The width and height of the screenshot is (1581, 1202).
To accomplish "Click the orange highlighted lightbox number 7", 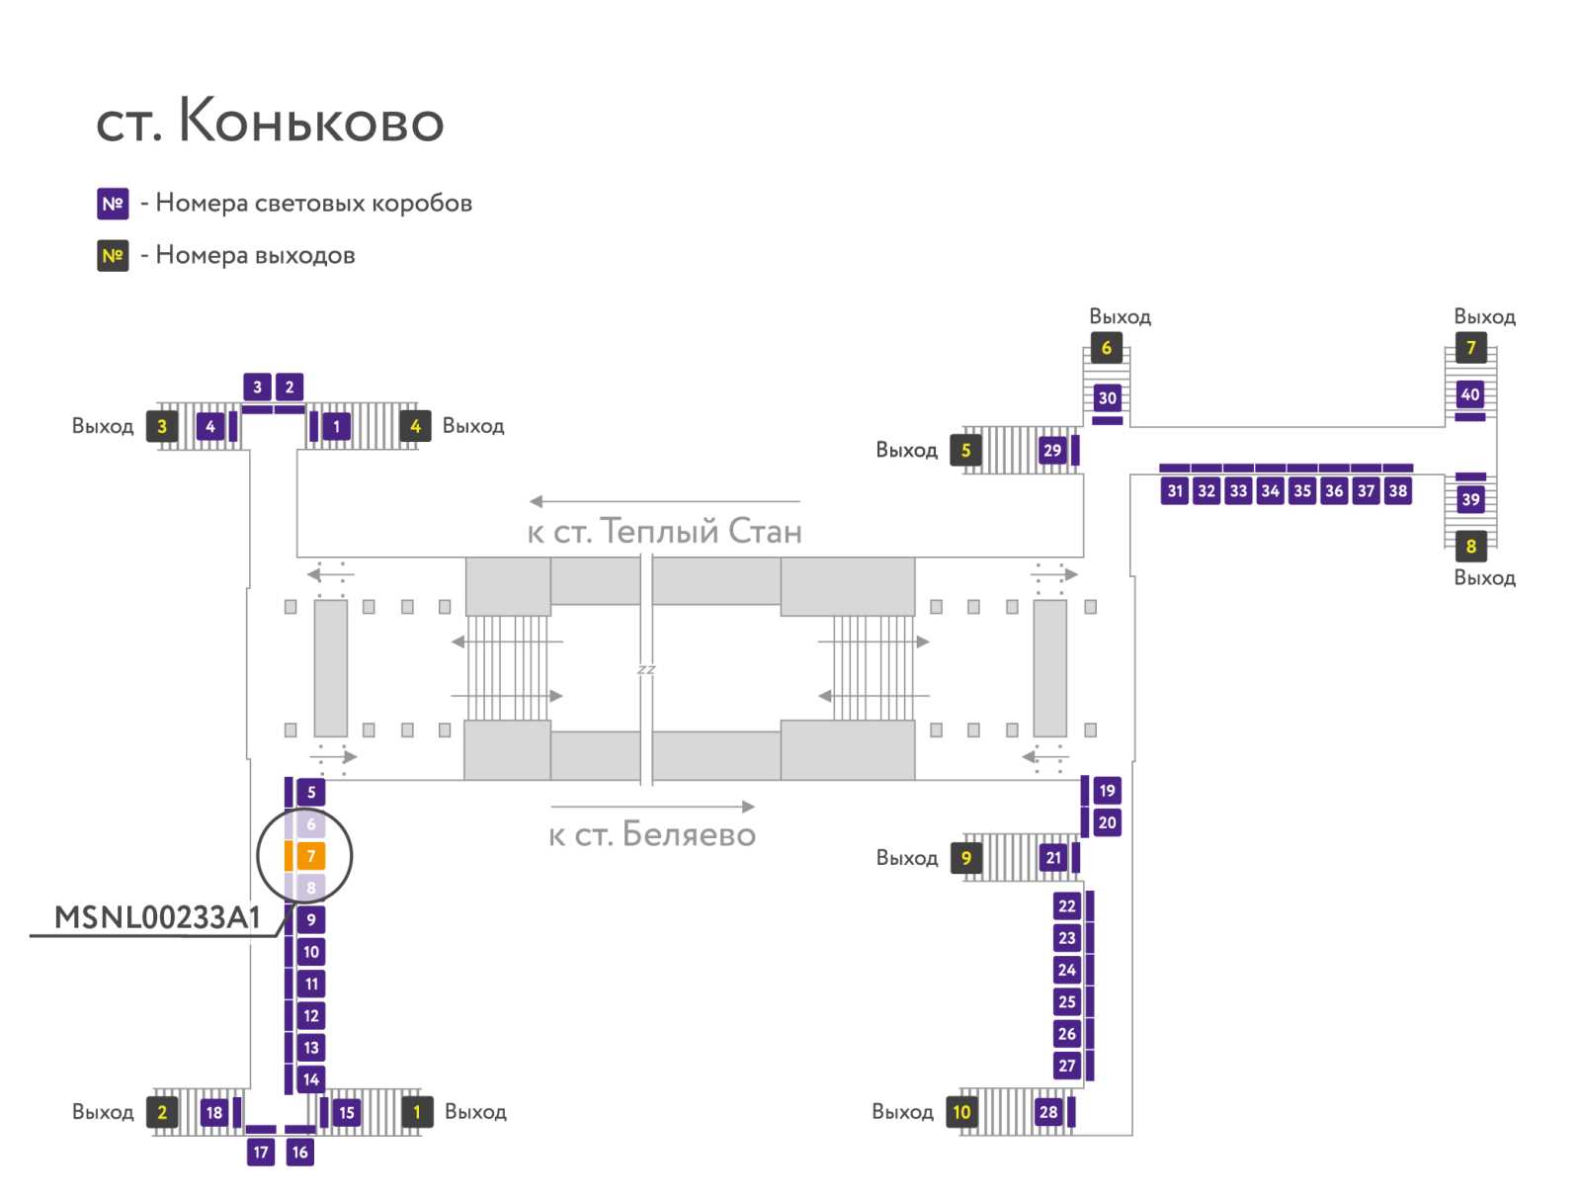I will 311,856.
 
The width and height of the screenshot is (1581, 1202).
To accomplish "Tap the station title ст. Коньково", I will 270,122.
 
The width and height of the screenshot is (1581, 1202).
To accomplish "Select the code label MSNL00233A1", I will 157,917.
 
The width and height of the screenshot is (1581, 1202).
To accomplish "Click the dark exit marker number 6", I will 1106,348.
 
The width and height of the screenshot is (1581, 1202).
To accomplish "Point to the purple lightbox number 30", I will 1107,398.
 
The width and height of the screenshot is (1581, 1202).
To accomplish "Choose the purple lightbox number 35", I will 1302,490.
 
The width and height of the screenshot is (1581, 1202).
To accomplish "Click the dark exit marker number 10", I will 961,1112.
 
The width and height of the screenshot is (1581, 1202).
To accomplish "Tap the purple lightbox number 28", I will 1048,1112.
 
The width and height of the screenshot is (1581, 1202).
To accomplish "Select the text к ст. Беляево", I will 652,834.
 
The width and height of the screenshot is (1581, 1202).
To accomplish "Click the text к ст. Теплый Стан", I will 664,531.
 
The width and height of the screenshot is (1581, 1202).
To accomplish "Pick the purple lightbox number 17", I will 261,1152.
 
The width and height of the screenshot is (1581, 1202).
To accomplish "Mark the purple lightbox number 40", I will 1470,394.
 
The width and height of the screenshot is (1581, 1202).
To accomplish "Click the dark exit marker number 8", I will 1470,546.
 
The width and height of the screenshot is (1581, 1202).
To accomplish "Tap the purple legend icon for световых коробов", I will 113,204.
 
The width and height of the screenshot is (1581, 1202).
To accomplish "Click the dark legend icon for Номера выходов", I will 113,256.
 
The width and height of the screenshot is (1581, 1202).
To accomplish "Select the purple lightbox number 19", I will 1107,791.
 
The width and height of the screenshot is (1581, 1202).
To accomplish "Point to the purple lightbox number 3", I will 257,387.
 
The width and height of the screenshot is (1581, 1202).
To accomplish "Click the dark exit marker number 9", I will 965,858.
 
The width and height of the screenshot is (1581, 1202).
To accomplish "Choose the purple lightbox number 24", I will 1067,970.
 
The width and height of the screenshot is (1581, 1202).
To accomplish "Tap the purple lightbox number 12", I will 311,1015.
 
